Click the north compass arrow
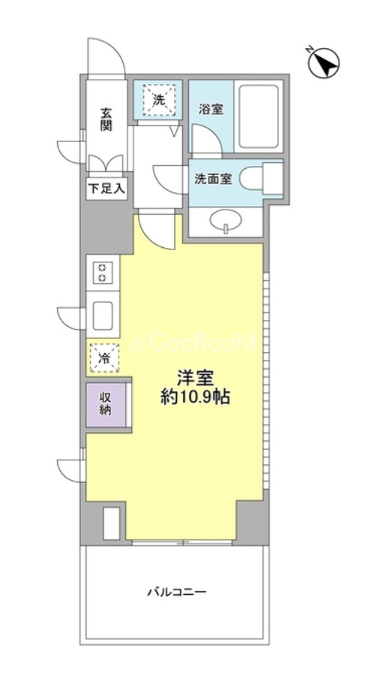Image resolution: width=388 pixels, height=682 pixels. (x=324, y=64)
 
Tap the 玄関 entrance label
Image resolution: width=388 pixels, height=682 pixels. (x=106, y=119)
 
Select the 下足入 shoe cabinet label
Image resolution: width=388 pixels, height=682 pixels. (x=107, y=189)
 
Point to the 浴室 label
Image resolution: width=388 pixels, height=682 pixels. (x=211, y=110)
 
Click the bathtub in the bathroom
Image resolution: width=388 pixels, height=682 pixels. (x=259, y=116)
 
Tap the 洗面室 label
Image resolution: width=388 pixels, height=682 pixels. (x=213, y=179)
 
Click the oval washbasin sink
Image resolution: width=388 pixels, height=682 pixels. (x=225, y=222)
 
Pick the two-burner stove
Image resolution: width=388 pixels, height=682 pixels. (x=103, y=273)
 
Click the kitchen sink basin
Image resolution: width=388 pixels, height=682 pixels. (x=103, y=315)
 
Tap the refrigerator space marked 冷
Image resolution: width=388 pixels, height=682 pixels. (x=104, y=358)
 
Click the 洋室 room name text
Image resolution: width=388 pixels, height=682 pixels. (x=194, y=379)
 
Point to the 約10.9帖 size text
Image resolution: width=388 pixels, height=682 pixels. (x=194, y=397)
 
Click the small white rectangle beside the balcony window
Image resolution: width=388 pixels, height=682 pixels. (x=111, y=524)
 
